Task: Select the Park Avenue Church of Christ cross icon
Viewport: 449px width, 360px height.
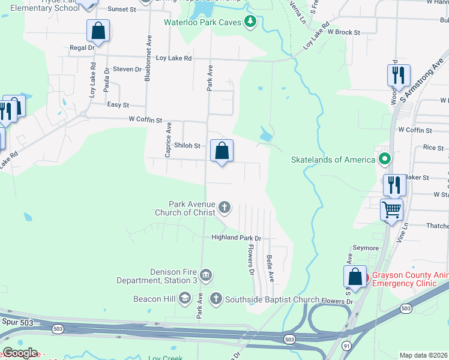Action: click(224, 208)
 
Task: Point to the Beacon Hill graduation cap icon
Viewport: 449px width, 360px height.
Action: click(185, 298)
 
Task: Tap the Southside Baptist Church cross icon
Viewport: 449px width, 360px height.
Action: click(215, 298)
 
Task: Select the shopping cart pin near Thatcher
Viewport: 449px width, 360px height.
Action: click(391, 210)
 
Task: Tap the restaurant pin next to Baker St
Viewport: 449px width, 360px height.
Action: click(394, 185)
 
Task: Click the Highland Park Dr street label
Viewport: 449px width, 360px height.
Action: click(237, 238)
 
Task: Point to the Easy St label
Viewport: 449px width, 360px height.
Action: click(118, 105)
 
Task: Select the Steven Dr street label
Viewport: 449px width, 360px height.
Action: click(127, 70)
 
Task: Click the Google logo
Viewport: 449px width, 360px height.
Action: click(19, 353)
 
